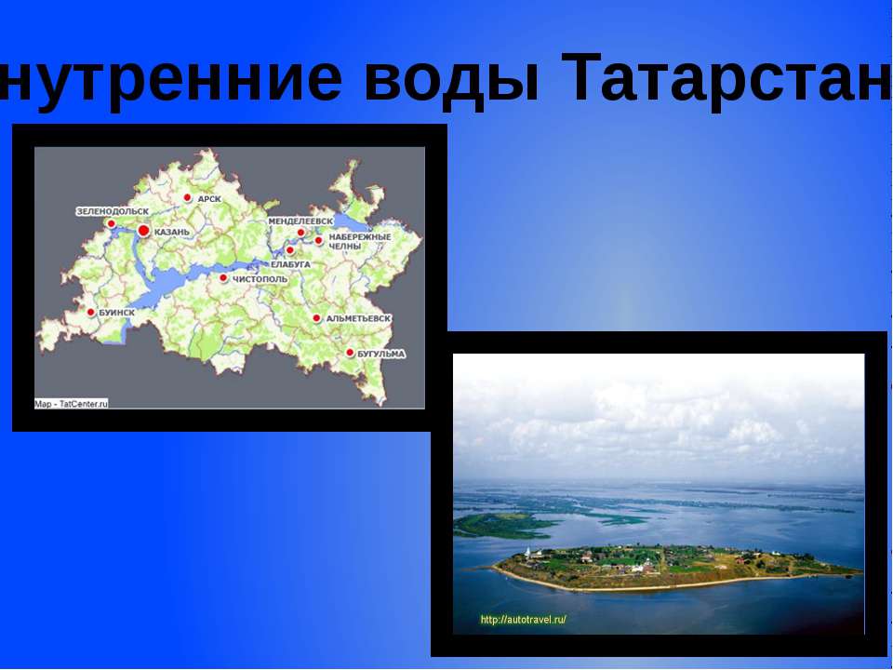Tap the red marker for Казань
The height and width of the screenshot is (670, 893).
pyautogui.click(x=143, y=230)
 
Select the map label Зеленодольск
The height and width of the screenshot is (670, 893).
pyautogui.click(x=113, y=212)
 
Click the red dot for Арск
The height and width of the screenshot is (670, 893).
pyautogui.click(x=187, y=197)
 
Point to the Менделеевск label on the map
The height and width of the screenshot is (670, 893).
pyautogui.click(x=300, y=221)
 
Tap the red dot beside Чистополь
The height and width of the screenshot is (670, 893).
pyautogui.click(x=223, y=277)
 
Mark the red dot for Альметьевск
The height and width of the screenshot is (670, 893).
pyautogui.click(x=316, y=318)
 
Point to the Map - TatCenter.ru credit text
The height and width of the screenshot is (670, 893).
pyautogui.click(x=72, y=404)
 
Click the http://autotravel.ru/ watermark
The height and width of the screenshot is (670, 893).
pyautogui.click(x=523, y=619)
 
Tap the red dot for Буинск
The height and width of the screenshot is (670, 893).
pyautogui.click(x=91, y=312)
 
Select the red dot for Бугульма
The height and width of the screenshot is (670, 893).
pyautogui.click(x=350, y=353)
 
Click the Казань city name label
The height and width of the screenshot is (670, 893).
pyautogui.click(x=174, y=231)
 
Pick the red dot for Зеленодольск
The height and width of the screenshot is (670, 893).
pyautogui.click(x=111, y=223)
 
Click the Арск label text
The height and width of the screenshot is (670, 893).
pyautogui.click(x=209, y=198)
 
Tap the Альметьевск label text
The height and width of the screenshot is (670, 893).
pyautogui.click(x=358, y=318)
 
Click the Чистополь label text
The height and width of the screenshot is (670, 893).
pyautogui.click(x=260, y=278)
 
